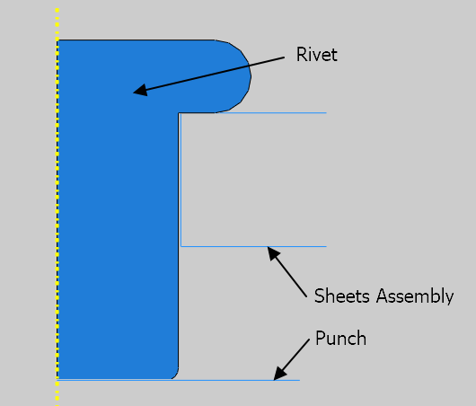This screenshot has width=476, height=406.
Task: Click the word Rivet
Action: coord(317,55)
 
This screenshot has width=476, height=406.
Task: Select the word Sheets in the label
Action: coord(342,296)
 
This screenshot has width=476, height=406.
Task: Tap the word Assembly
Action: coord(415,296)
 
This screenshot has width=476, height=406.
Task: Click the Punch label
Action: coord(340,338)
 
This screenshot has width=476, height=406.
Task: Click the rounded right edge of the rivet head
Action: coord(250,76)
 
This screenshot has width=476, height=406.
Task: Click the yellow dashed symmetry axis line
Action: coord(57,207)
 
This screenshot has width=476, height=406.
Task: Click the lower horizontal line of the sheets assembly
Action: coord(253,246)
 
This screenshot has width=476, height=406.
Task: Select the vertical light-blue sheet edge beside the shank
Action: coord(181,180)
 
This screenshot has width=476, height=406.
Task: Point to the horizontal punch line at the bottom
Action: coord(179,380)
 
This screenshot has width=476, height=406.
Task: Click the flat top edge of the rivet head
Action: coord(136,40)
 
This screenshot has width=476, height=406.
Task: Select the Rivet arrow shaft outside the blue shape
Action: coord(267,61)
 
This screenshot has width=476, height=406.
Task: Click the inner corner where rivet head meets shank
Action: coord(179,113)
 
